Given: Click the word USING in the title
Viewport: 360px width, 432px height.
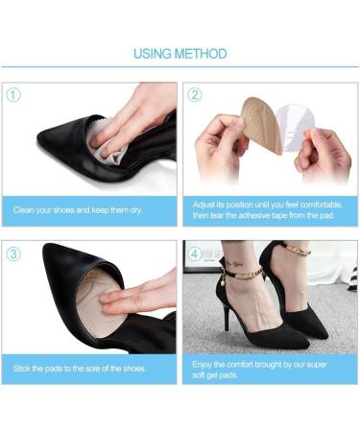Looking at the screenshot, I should pos(153,53).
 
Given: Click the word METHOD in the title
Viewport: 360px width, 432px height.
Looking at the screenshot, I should pos(201,53).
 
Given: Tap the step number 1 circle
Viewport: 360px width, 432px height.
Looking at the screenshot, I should pos(12,94).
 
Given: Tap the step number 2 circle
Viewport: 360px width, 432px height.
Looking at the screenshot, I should pos(195,94).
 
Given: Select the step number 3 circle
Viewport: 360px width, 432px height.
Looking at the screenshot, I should pos(12,253).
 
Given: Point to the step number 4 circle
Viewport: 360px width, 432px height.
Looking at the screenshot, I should pos(195,253).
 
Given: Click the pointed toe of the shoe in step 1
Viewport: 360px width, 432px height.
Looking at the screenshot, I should pos(44,143).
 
